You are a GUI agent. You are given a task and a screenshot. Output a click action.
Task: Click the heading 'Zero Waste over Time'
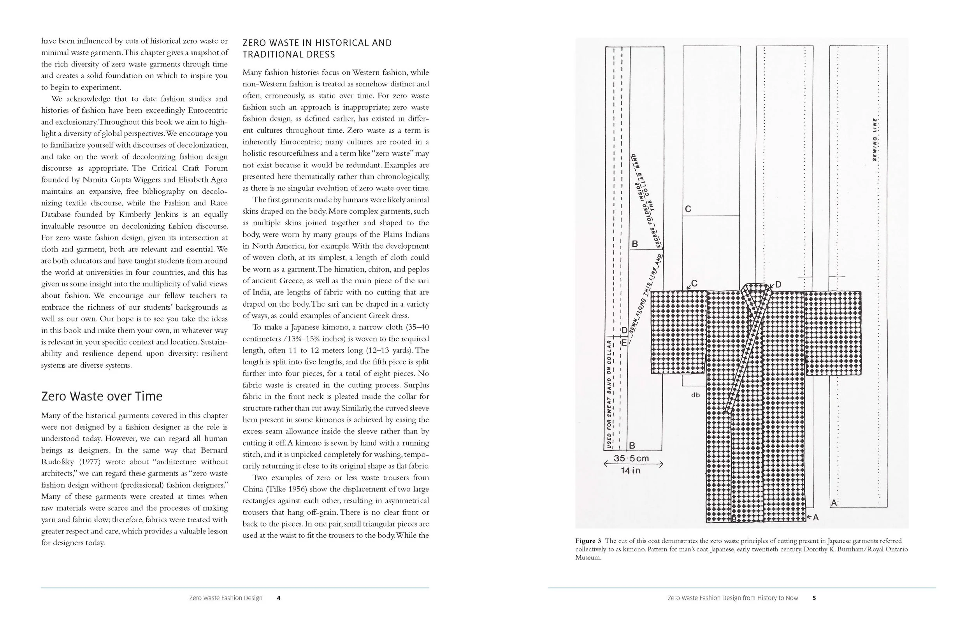coord(102,396)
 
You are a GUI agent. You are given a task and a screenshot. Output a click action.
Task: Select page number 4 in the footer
coord(278,598)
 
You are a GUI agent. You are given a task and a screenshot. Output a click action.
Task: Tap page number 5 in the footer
coord(814,598)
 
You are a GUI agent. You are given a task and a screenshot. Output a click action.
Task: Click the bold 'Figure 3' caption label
coord(588,541)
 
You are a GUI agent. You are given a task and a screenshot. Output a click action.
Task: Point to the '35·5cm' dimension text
coord(631,458)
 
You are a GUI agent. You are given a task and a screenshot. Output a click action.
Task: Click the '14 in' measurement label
coord(631,470)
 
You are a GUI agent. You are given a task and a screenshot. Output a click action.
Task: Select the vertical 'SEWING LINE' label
coord(875,139)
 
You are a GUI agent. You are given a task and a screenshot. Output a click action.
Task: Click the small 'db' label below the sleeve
coord(696,395)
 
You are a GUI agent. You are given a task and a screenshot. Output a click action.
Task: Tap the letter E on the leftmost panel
coord(624,342)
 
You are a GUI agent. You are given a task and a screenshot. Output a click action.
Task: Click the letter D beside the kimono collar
coord(778,284)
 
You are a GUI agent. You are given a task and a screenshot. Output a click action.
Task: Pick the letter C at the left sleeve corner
coord(694,283)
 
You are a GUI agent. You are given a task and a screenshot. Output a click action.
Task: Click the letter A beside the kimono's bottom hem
coord(816,517)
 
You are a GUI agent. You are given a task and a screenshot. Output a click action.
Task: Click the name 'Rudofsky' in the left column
coord(58,462)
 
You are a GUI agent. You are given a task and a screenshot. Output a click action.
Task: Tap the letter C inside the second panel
coord(688,209)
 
